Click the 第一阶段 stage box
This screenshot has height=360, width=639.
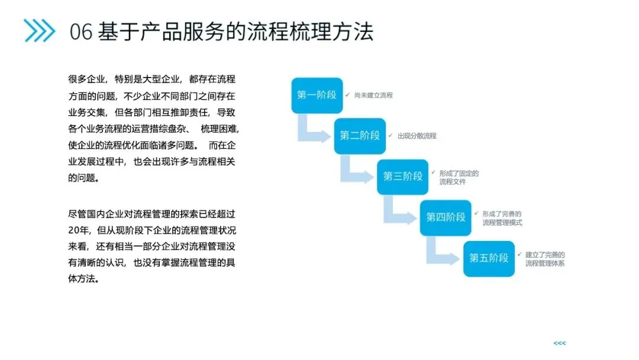[x=317, y=95]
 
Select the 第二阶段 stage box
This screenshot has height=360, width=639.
[x=360, y=136]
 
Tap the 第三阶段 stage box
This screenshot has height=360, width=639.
[x=403, y=176]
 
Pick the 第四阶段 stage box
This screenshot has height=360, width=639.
[x=446, y=217]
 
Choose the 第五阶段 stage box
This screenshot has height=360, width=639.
[x=489, y=258]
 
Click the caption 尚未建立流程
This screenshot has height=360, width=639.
[x=373, y=95]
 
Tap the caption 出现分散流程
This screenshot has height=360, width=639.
[x=417, y=136]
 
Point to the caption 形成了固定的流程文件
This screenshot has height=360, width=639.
[x=459, y=177]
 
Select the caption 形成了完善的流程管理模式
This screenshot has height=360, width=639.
[x=502, y=218]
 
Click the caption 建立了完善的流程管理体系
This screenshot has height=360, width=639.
[x=545, y=259]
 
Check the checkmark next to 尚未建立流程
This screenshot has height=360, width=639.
[x=348, y=95]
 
